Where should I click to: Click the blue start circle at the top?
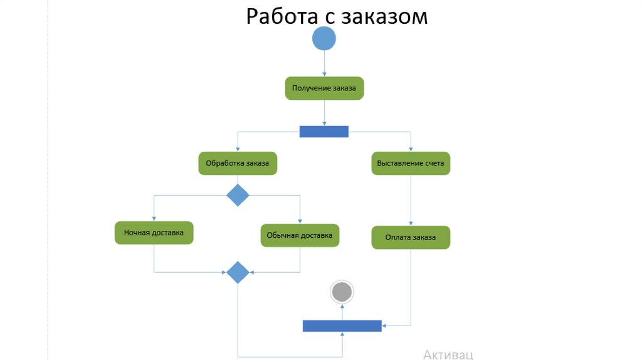(x=324, y=38)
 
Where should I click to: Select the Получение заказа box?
(x=324, y=88)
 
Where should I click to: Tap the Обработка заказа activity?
(x=238, y=164)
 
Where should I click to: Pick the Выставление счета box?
(x=411, y=164)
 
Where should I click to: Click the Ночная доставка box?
(x=154, y=233)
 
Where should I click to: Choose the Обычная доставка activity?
(x=300, y=235)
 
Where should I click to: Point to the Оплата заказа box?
(x=411, y=238)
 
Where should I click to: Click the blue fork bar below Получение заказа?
(x=324, y=132)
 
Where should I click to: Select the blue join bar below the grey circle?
(x=342, y=326)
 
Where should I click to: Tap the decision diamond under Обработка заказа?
(x=238, y=195)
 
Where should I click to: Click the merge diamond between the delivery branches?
(x=238, y=272)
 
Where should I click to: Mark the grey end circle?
(x=342, y=292)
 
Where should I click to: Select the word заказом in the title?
(x=384, y=16)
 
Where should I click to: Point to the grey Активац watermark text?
(x=448, y=354)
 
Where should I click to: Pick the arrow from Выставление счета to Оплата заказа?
(x=411, y=201)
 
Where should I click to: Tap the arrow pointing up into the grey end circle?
(x=342, y=312)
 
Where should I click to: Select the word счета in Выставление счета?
(x=433, y=164)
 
